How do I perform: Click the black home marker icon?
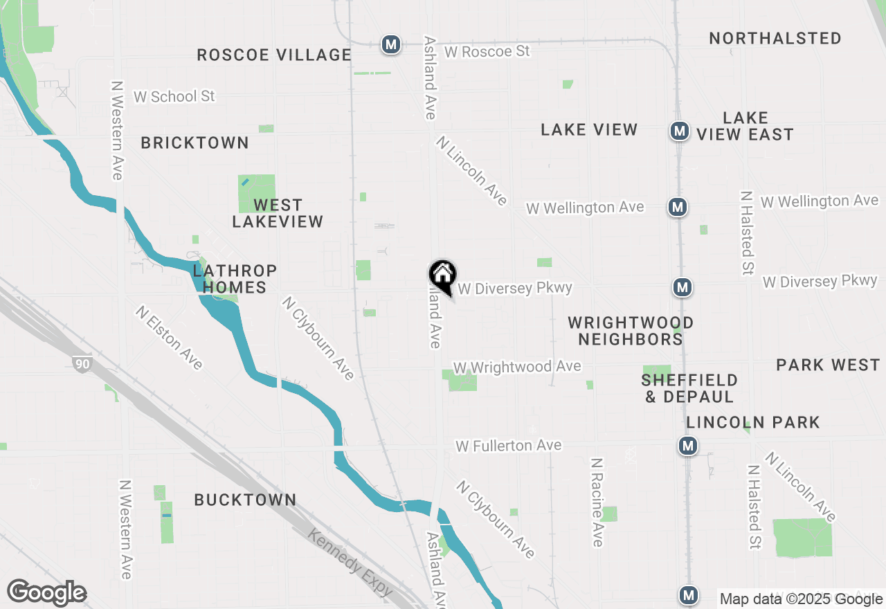[443, 276]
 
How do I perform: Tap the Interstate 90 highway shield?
[82, 363]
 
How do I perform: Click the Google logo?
[46, 592]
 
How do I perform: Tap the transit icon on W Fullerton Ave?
[687, 446]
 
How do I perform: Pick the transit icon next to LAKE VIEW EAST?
[679, 131]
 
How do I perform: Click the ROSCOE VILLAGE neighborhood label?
[274, 55]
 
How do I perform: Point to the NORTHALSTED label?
[775, 38]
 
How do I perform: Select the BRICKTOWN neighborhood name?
[195, 143]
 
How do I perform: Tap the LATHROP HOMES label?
[235, 279]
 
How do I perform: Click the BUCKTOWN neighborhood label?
[245, 500]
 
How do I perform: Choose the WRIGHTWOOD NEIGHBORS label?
[631, 331]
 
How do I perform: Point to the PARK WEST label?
[827, 365]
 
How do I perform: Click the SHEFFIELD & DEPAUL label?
[689, 388]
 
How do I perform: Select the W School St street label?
[174, 96]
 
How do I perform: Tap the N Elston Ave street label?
[170, 338]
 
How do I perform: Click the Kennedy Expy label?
[350, 563]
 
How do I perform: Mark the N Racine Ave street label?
[597, 502]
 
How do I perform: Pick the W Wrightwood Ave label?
[517, 367]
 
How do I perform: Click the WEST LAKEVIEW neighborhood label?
[278, 213]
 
